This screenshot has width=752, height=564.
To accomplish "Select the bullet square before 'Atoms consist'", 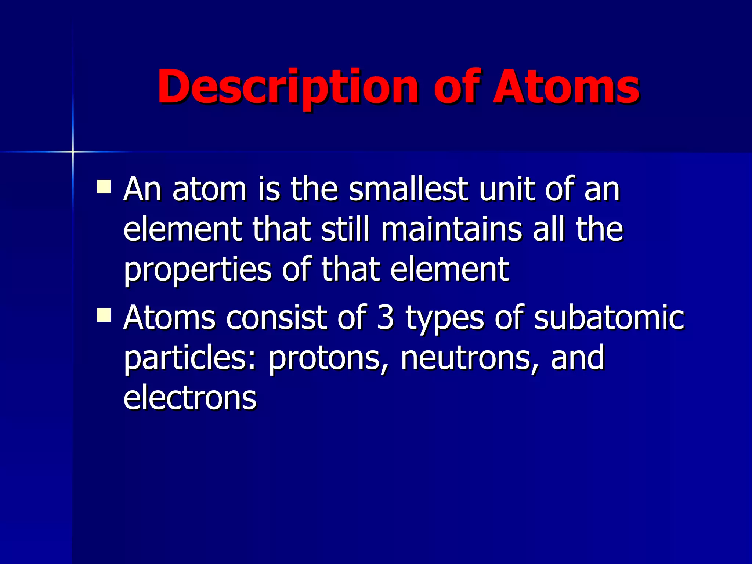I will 104,315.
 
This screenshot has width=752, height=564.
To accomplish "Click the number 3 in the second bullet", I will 386,318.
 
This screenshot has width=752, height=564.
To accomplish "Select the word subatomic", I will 609,318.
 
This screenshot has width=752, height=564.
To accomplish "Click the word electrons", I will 190,398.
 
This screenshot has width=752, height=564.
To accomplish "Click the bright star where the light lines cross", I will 73,151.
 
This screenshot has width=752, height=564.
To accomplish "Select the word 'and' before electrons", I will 577,358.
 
